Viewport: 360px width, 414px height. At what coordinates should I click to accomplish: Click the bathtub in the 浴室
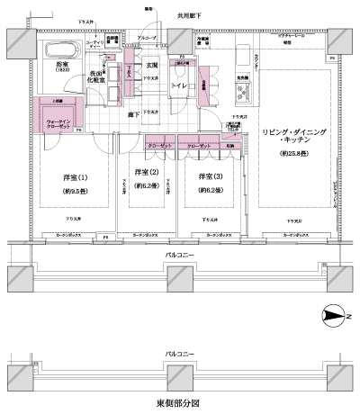pos(61,50)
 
